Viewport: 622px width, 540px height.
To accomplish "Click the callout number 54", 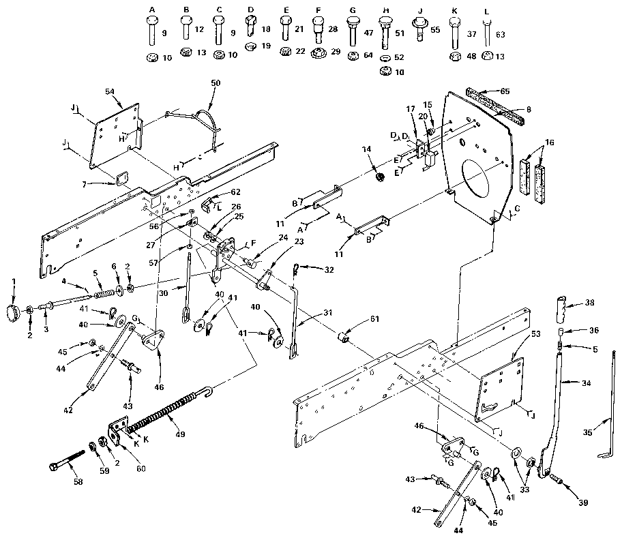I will [x=110, y=91].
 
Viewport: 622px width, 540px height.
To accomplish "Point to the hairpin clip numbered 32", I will [x=295, y=269].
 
